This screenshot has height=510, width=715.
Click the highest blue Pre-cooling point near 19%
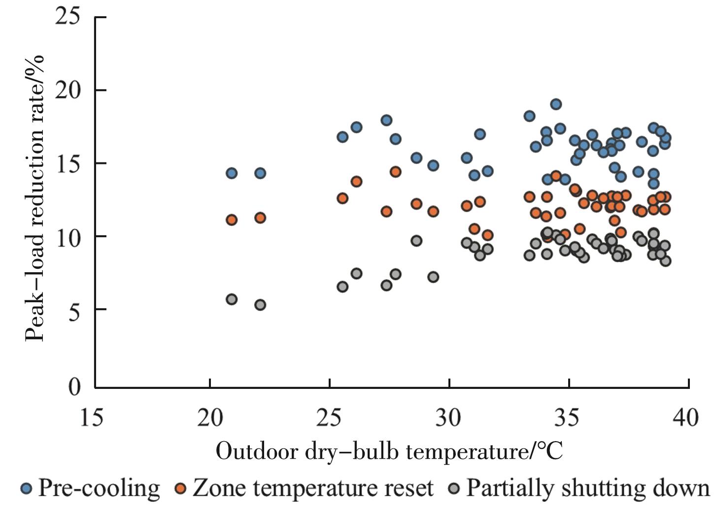(556, 104)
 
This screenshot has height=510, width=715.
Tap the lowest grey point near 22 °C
(260, 305)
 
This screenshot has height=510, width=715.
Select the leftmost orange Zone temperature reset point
(232, 220)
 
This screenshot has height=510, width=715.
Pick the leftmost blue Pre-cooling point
(232, 173)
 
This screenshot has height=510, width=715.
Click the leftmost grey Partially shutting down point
(232, 299)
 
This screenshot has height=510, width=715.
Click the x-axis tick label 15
(92, 418)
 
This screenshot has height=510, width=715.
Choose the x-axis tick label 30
(449, 418)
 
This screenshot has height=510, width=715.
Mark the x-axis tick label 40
(685, 418)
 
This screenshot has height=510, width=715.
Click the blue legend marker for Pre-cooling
(27, 489)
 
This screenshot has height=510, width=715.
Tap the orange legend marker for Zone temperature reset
(181, 489)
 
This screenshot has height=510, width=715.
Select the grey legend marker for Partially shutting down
(455, 489)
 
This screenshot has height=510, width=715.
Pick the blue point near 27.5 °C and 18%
(386, 120)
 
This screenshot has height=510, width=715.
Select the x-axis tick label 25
(329, 418)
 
